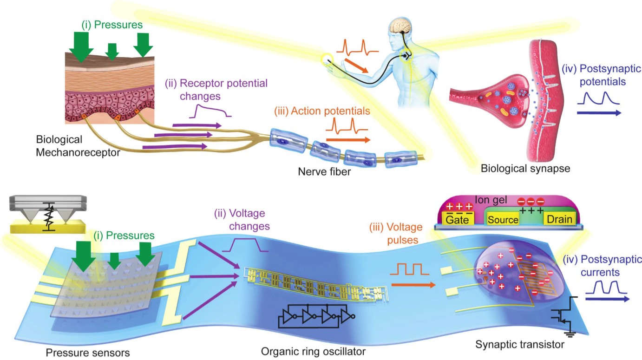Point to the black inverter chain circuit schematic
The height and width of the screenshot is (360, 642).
point(316,317)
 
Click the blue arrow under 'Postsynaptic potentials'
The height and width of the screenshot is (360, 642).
point(598,113)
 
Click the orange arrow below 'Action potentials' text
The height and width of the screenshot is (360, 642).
point(348,139)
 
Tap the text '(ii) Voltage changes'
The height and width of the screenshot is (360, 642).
point(240,220)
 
